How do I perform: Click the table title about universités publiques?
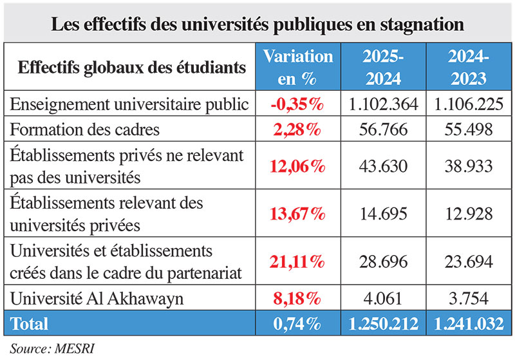(x=257, y=24)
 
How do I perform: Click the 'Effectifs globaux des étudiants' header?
(x=131, y=67)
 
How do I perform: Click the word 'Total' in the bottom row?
(x=30, y=322)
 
